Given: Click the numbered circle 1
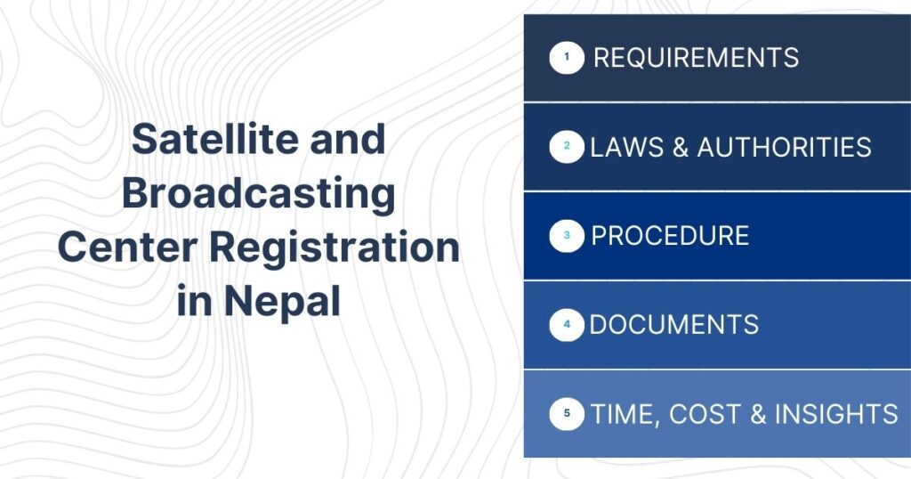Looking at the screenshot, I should pos(567,59).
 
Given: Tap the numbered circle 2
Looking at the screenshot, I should pos(567,147).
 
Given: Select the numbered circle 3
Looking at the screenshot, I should pos(567,236).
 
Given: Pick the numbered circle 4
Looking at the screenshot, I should pos(567,325).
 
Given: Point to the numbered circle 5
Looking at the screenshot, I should pos(567,414).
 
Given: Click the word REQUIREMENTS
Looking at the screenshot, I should pos(696,59).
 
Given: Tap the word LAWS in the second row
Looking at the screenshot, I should pos(623,147).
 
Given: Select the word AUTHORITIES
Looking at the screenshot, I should pos(784,147).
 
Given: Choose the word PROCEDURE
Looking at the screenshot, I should pos(670,236).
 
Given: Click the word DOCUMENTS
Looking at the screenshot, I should pos(673,325).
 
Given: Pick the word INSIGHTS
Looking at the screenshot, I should pos(836,414).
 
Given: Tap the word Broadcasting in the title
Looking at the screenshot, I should pos(258,194).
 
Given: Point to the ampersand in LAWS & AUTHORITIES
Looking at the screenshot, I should pos(681,147).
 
